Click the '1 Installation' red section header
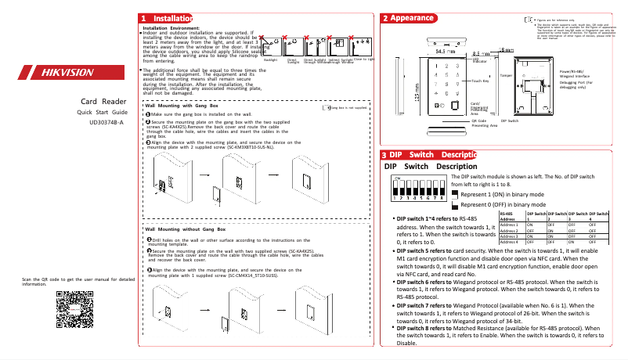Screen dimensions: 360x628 click(x=164, y=18)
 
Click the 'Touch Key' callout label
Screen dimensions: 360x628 click(x=481, y=81)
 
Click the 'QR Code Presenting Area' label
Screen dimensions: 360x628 click(x=484, y=124)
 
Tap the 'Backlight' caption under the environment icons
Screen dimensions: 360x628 click(x=270, y=59)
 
